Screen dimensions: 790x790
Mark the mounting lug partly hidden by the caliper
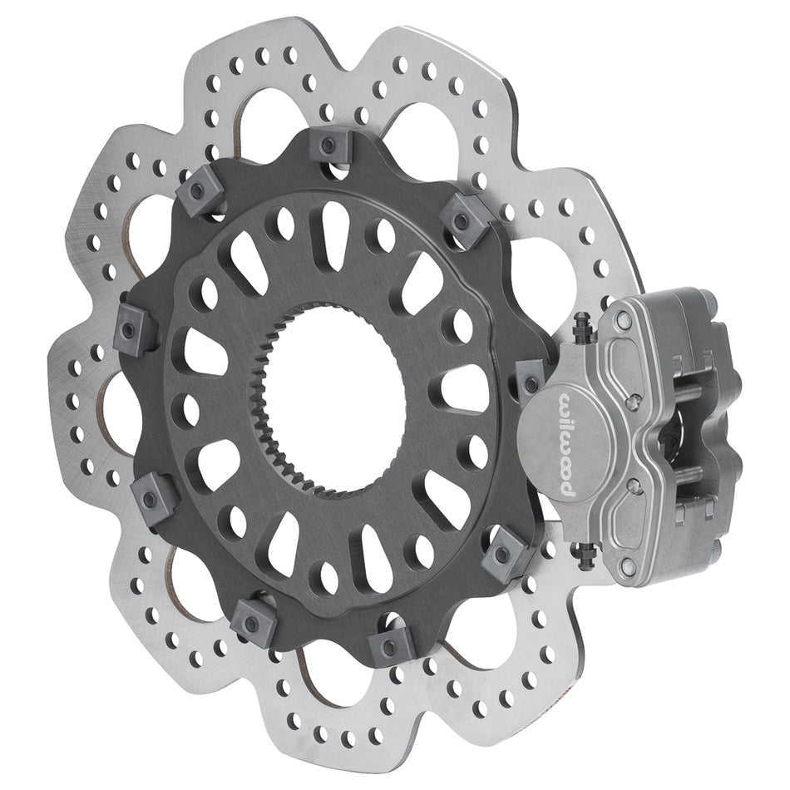pos(530,379)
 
